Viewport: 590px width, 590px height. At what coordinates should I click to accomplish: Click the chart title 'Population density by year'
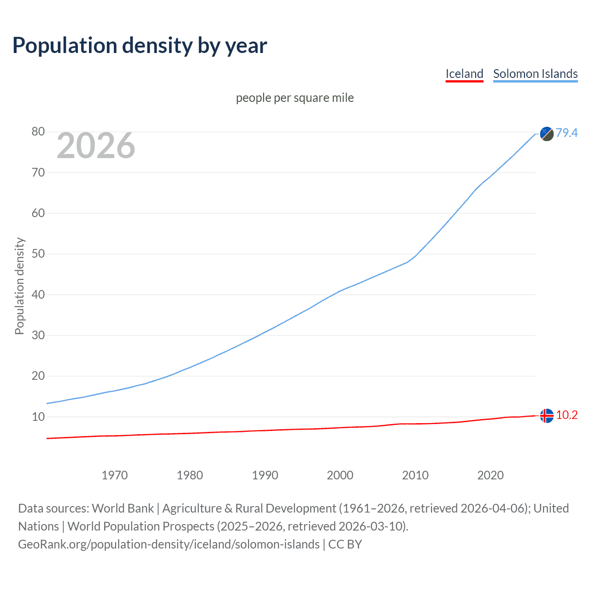[140, 46]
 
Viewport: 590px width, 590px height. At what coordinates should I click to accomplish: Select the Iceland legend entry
[464, 74]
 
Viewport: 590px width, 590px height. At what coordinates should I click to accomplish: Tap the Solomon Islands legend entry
[535, 74]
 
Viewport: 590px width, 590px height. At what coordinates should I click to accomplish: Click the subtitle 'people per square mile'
[295, 98]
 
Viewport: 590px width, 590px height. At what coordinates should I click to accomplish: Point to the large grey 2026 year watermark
[96, 146]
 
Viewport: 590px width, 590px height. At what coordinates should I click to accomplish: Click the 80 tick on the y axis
[38, 132]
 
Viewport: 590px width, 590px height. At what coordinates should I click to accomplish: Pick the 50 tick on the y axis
[38, 254]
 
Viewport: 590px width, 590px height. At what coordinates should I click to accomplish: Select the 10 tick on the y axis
[38, 417]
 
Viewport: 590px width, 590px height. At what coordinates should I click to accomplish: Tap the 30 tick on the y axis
[38, 335]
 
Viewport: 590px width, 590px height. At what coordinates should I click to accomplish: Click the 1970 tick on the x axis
[115, 475]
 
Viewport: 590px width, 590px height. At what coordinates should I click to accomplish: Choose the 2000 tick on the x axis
[340, 475]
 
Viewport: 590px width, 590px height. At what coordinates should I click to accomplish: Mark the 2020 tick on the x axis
[490, 475]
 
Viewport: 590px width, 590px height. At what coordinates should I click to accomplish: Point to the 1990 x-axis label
[265, 475]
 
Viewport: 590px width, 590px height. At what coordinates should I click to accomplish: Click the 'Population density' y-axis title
[19, 286]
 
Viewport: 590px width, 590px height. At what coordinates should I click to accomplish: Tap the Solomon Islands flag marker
[547, 134]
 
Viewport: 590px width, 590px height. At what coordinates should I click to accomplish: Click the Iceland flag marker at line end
[547, 416]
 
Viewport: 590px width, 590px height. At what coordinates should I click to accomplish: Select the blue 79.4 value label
[566, 133]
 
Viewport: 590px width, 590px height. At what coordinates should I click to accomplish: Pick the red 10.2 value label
[566, 415]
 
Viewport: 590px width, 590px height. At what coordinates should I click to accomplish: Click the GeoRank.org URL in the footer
[169, 544]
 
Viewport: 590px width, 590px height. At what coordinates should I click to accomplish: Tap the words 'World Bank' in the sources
[123, 508]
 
